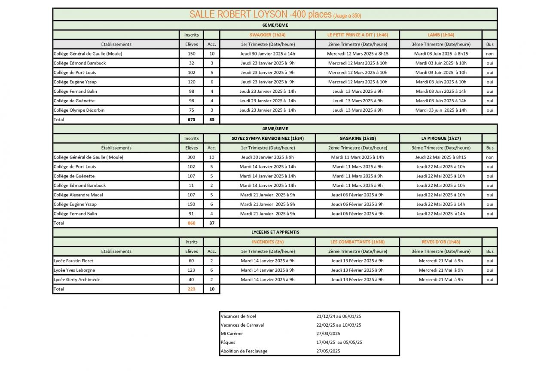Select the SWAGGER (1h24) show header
tap(267, 35)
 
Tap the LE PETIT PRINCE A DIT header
tap(357, 35)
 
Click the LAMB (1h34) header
tap(440, 35)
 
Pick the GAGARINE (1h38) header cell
tap(357, 138)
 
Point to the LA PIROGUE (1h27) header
tap(440, 138)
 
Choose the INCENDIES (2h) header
tap(267, 242)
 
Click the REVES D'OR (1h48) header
tap(440, 242)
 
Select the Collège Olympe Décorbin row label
tap(79, 110)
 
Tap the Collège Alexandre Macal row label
tap(78, 195)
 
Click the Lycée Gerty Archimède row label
tap(77, 279)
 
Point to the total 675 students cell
tap(191, 119)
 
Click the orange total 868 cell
tap(191, 223)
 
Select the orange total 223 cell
tap(191, 289)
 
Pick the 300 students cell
tap(191, 157)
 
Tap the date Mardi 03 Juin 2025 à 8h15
tap(440, 54)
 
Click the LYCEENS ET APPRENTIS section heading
tap(275, 232)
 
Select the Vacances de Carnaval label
tap(242, 325)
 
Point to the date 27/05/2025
tap(328, 351)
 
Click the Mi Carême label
tap(232, 334)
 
